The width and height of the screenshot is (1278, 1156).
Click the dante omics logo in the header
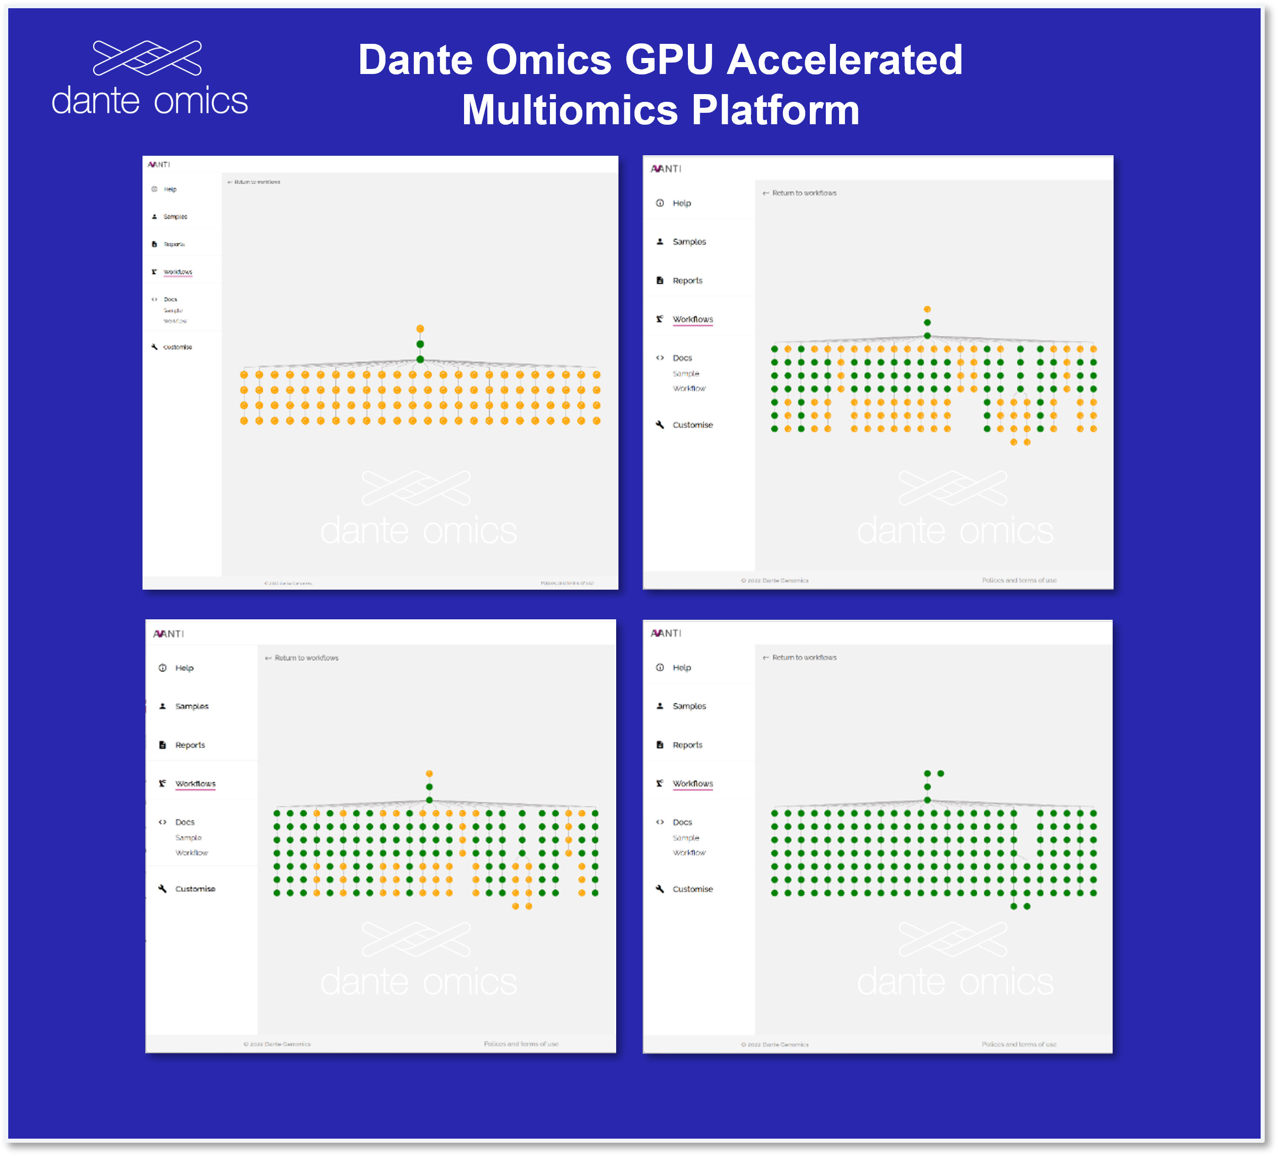[x=150, y=79]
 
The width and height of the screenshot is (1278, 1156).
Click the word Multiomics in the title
[x=569, y=110]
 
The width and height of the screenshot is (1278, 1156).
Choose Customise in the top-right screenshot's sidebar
[x=692, y=425]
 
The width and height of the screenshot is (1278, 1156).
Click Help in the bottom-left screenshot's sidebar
[x=184, y=668]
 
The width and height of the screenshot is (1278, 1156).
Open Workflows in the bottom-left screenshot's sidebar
[x=195, y=784]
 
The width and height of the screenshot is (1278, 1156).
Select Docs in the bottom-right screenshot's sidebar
[x=682, y=822]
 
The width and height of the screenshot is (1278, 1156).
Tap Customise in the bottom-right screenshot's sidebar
[x=692, y=889]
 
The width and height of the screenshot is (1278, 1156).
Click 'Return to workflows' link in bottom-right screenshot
[x=803, y=658]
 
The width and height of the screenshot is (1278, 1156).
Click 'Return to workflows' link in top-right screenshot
[x=803, y=193]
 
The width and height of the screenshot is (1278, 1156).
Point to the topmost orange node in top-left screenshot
[x=420, y=329]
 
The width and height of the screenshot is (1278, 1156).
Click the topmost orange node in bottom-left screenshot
[x=429, y=774]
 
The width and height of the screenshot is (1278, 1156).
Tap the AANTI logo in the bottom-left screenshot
[x=168, y=634]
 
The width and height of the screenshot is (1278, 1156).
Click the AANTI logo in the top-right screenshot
[x=665, y=169]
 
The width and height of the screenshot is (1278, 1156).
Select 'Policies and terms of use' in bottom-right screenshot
[x=1019, y=1045]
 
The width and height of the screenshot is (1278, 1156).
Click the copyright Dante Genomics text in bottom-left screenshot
[x=277, y=1045]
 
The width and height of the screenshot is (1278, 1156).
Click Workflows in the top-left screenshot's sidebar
[x=178, y=272]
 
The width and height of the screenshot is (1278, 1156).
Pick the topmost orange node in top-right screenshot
[x=927, y=309]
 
